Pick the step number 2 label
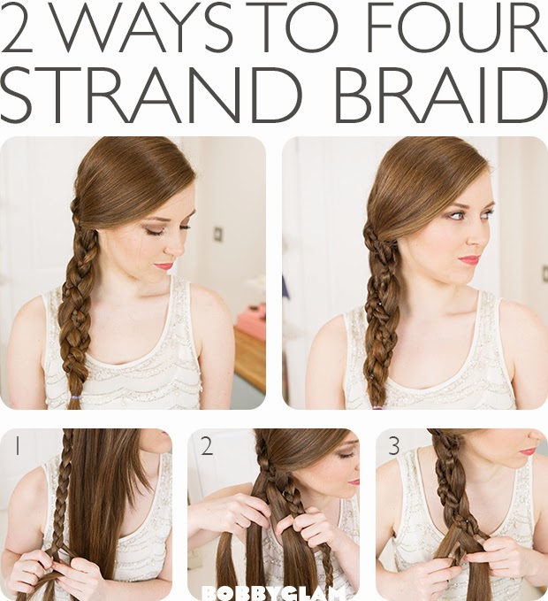coord(205,447)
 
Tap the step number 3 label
coord(394,447)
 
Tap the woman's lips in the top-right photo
coord(468,259)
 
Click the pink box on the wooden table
coord(251,320)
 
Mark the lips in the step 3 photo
coord(528,451)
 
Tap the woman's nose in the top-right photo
coord(478,235)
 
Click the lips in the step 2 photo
coord(354,482)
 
